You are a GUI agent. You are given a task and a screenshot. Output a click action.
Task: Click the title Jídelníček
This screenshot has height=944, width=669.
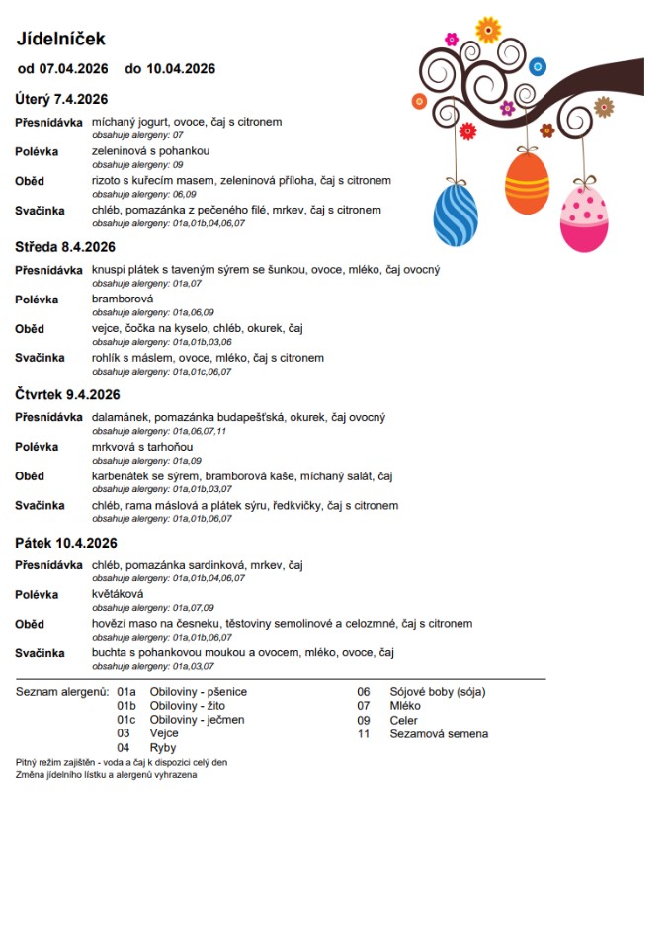60,39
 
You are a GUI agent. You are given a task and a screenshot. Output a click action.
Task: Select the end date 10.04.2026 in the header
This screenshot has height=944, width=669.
181,69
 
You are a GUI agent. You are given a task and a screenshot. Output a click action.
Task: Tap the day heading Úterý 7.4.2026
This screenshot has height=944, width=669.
61,99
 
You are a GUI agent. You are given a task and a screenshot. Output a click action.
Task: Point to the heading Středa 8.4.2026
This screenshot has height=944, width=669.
65,247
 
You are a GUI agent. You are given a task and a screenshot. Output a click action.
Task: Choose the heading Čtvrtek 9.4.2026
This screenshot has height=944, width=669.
67,394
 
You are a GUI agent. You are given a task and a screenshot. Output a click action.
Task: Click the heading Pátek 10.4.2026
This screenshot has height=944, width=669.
66,543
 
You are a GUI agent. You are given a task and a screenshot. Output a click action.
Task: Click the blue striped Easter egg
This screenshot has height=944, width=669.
456,215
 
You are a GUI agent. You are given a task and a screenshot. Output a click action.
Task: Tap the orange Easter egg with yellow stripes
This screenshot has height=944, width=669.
527,182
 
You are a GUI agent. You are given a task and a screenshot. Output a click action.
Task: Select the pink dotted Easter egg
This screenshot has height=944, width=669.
584,218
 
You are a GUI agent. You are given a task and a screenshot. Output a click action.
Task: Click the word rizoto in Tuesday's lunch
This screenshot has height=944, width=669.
107,181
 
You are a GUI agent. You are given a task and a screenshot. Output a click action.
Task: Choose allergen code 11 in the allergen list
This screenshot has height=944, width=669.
363,734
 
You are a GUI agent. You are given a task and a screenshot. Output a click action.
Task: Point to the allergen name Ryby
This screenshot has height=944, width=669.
163,748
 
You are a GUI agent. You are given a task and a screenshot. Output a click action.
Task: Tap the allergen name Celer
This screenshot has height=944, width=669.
404,721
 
